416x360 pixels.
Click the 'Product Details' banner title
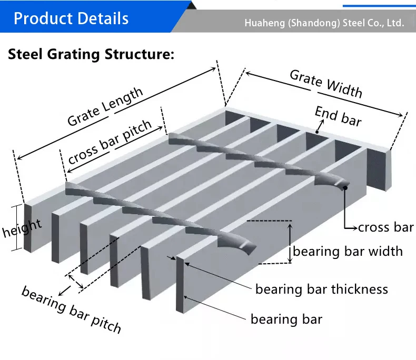[x=71, y=19]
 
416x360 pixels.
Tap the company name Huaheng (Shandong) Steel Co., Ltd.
[x=324, y=24]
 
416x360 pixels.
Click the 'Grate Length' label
[x=105, y=107]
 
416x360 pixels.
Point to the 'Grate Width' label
[x=326, y=84]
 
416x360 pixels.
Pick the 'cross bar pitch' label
[x=110, y=142]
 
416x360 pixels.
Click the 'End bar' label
[x=338, y=116]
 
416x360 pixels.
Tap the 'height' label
[x=22, y=228]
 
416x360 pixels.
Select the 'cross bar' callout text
[x=386, y=227]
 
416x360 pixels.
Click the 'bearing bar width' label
[x=348, y=251]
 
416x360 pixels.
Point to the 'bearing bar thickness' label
[x=322, y=289]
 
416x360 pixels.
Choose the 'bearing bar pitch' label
[x=72, y=310]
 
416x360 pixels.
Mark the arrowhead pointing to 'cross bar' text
[x=354, y=227]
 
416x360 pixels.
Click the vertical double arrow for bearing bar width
[x=290, y=242]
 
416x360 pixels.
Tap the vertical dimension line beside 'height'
[x=23, y=227]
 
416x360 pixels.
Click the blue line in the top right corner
[x=379, y=5]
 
